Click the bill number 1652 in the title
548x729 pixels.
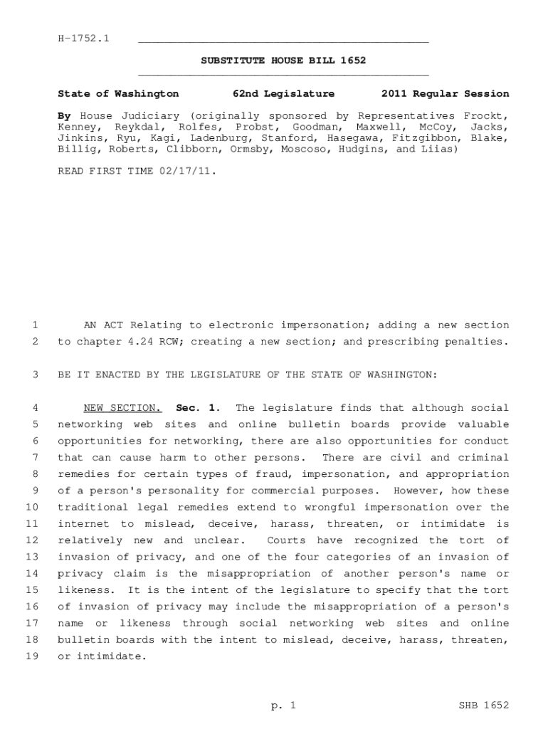click(352, 61)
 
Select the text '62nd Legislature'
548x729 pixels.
click(283, 94)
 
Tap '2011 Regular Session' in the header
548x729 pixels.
click(445, 94)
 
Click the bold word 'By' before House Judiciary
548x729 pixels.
click(65, 116)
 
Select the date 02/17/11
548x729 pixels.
click(187, 172)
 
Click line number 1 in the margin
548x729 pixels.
click(35, 325)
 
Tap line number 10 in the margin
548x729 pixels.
click(32, 508)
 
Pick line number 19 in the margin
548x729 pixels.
click(32, 656)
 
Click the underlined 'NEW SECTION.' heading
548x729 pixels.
click(122, 408)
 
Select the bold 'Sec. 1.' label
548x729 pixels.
click(198, 408)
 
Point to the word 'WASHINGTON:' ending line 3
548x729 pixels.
click(406, 375)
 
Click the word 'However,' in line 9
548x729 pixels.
click(417, 491)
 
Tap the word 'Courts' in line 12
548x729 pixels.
click(286, 540)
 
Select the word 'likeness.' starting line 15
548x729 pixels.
click(84, 590)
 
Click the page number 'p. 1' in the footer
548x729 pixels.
click(283, 706)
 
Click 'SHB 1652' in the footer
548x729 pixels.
click(485, 706)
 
